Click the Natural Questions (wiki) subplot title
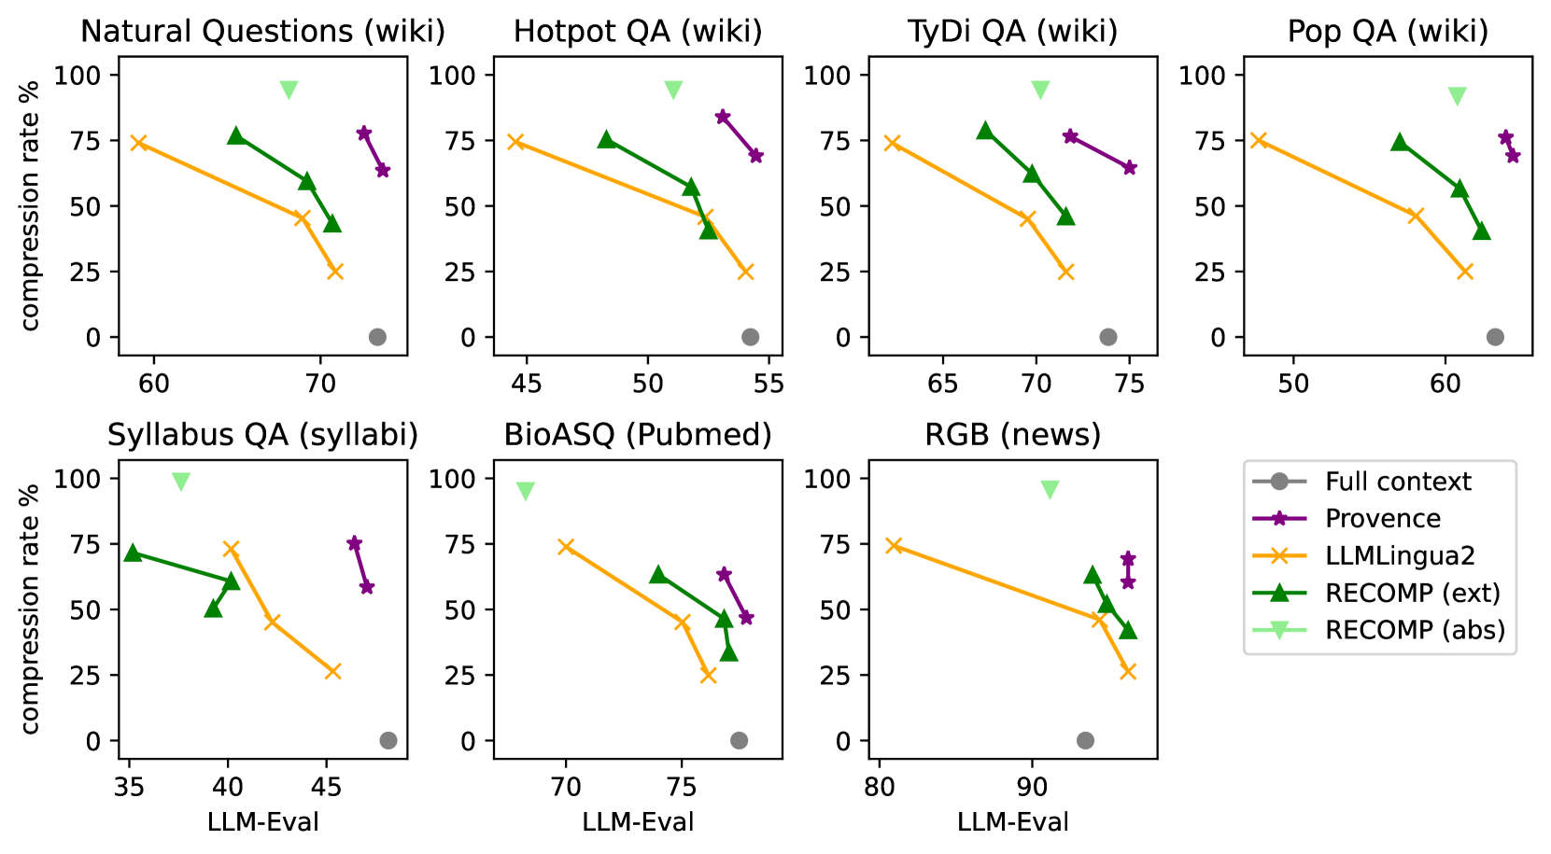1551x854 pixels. pyautogui.click(x=262, y=32)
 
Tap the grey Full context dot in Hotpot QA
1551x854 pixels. pyautogui.click(x=750, y=337)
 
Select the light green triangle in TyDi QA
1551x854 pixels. pyautogui.click(x=1040, y=90)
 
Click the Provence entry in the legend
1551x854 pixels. pyautogui.click(x=1382, y=519)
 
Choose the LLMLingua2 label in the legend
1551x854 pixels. pyautogui.click(x=1400, y=556)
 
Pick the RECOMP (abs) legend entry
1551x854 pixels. pyautogui.click(x=1415, y=630)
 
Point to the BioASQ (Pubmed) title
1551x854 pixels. pyautogui.click(x=638, y=436)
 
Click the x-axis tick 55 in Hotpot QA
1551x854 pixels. pyautogui.click(x=768, y=384)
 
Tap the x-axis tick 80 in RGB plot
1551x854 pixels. pyautogui.click(x=879, y=787)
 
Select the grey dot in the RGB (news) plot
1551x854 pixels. pyautogui.click(x=1085, y=741)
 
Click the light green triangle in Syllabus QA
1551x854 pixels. pyautogui.click(x=181, y=482)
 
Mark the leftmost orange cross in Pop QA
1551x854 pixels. pyautogui.click(x=1259, y=140)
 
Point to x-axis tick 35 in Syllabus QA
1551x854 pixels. pyautogui.click(x=129, y=787)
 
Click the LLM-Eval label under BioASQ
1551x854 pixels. pyautogui.click(x=638, y=822)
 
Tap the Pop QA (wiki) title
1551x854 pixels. pyautogui.click(x=1388, y=32)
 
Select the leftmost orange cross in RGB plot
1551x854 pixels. pyautogui.click(x=894, y=545)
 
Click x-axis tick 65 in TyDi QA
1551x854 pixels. pyautogui.click(x=943, y=384)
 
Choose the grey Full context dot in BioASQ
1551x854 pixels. pyautogui.click(x=739, y=741)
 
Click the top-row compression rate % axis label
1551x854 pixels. pyautogui.click(x=31, y=205)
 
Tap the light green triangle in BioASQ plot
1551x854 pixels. pyautogui.click(x=526, y=491)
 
